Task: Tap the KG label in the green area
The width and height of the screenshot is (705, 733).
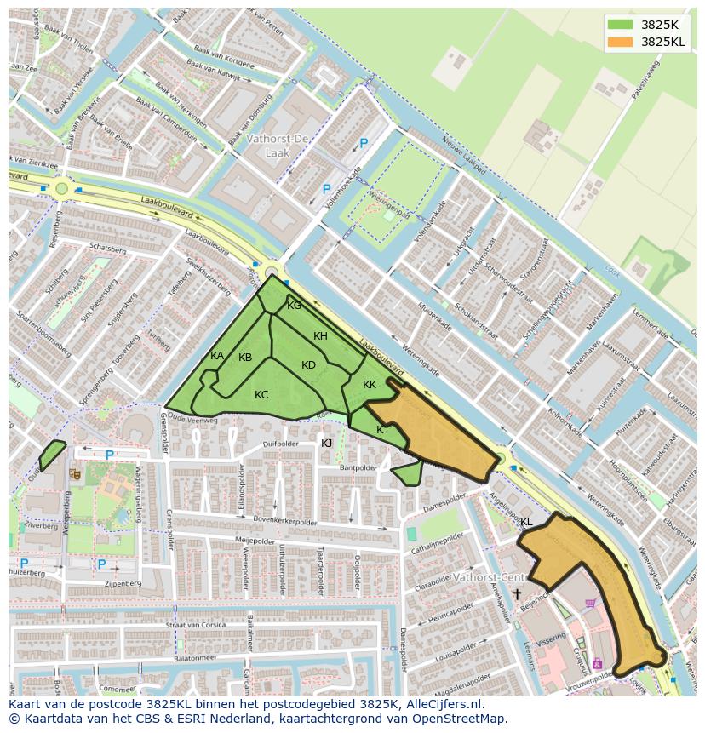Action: point(294,306)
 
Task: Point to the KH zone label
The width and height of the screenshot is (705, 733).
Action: point(320,336)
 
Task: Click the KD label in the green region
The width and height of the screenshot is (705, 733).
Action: point(308,365)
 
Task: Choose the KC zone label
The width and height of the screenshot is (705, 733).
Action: point(261,394)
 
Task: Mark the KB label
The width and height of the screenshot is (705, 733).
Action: point(245,358)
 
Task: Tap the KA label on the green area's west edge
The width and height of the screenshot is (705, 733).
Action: point(217,356)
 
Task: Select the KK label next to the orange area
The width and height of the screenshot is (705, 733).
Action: point(369,385)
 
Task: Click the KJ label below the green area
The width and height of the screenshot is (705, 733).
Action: point(326,443)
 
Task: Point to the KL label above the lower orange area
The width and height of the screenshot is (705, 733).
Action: point(525,521)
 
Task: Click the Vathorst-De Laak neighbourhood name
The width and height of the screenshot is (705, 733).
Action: point(278,145)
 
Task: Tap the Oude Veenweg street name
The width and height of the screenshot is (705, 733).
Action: point(193,418)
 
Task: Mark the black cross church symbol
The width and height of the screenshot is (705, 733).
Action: point(517,593)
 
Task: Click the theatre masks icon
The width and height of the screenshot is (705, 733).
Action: point(75,472)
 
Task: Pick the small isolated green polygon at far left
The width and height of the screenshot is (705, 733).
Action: point(52,454)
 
